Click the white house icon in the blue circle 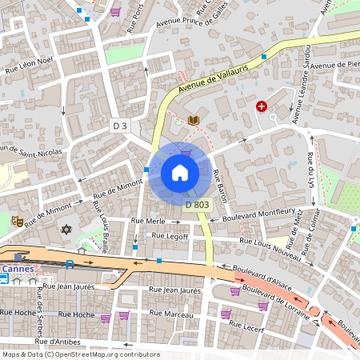180,172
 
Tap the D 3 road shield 120,126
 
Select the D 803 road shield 198,205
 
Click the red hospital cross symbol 261,106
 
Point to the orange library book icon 193,120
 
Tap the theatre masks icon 16,221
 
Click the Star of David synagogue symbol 66,230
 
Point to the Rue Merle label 150,221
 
